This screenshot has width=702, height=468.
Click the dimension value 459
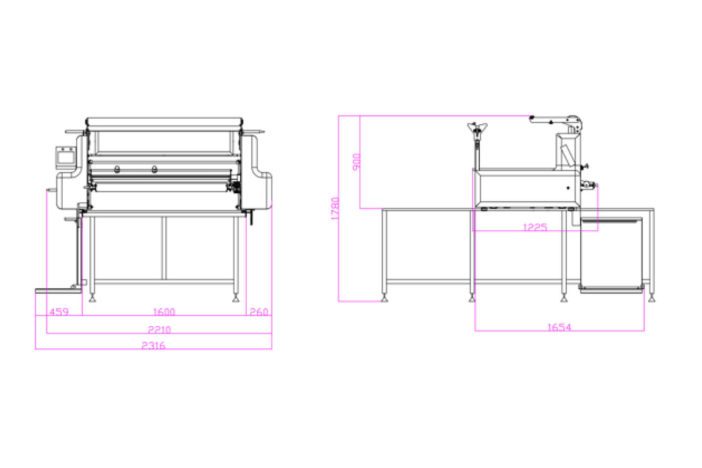coord(59,312)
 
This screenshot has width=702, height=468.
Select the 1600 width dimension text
coord(164,312)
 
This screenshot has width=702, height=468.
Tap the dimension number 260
coord(259,312)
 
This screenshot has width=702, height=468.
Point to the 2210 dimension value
coord(159,329)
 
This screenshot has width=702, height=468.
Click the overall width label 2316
coord(153,345)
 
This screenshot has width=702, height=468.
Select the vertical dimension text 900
coord(356,162)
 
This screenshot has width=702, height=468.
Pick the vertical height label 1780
coord(335,208)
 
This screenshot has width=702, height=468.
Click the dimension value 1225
coord(535,227)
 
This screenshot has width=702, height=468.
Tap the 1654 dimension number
coord(559,327)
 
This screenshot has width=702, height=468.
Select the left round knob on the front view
coord(117,169)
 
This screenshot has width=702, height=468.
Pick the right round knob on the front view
coord(154,169)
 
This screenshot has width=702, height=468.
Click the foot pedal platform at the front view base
coord(58,291)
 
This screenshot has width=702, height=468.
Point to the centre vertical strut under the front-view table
coord(164,248)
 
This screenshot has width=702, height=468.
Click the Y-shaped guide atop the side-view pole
coord(477,129)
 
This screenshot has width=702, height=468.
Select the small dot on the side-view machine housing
coord(568,188)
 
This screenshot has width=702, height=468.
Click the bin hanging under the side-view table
coord(611,255)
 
